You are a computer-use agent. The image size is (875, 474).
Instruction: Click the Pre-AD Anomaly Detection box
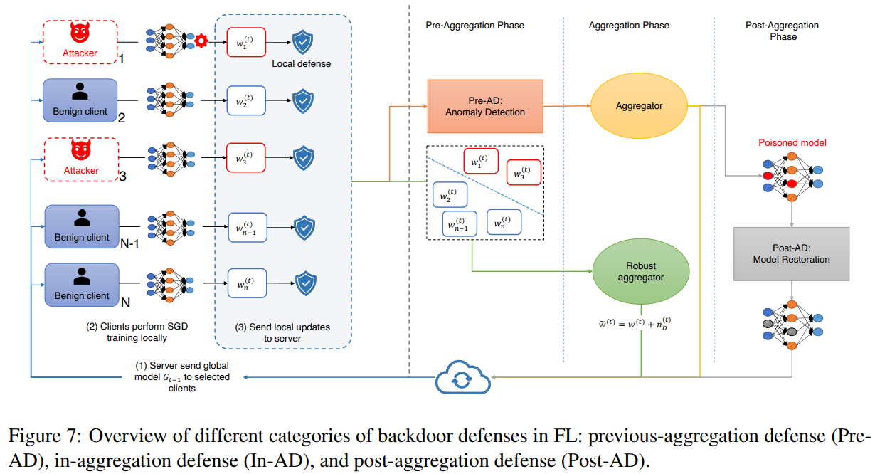(x=485, y=106)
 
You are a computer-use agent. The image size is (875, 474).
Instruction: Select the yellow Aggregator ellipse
(x=639, y=105)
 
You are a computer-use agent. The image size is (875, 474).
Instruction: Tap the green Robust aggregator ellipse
(x=641, y=271)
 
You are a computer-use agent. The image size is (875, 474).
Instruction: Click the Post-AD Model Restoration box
(x=791, y=254)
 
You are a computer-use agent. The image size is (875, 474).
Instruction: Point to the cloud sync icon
(x=463, y=377)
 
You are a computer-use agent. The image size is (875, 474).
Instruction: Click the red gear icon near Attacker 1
(x=201, y=41)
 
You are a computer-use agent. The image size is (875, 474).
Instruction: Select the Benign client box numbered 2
(x=80, y=100)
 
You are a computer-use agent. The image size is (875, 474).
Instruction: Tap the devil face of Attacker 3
(x=81, y=149)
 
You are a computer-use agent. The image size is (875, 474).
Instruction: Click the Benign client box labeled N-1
(x=82, y=226)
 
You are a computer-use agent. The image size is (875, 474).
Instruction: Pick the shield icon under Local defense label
(x=303, y=101)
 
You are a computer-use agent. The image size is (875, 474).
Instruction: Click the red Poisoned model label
(x=792, y=142)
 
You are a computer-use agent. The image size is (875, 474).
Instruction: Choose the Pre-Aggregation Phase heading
(x=474, y=26)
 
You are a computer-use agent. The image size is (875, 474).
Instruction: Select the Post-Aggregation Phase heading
(x=782, y=31)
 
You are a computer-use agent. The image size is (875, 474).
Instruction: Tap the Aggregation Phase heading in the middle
(x=629, y=26)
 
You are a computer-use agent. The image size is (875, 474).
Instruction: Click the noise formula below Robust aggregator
(x=635, y=324)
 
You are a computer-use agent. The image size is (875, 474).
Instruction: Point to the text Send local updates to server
(x=282, y=332)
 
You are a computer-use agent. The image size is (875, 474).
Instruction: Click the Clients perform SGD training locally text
(x=137, y=332)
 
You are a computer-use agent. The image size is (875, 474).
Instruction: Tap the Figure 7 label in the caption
(x=44, y=436)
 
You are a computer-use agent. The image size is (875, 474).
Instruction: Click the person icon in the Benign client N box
(x=82, y=277)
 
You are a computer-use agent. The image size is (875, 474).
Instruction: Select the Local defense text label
(x=301, y=63)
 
